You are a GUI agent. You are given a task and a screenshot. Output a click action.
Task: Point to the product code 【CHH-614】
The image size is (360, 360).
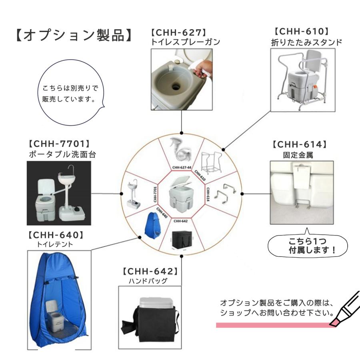(x=300, y=144)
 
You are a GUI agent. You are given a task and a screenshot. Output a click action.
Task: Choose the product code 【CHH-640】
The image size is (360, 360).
(x=56, y=234)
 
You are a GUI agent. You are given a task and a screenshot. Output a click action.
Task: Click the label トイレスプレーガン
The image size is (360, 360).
(x=185, y=42)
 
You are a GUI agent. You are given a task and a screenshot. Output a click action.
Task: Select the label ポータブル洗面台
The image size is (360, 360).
(x=62, y=154)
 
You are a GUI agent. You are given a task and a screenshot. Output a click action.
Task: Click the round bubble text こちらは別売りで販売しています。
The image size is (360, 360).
(x=70, y=93)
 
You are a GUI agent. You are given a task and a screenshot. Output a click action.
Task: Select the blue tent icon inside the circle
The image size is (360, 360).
(x=150, y=225)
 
